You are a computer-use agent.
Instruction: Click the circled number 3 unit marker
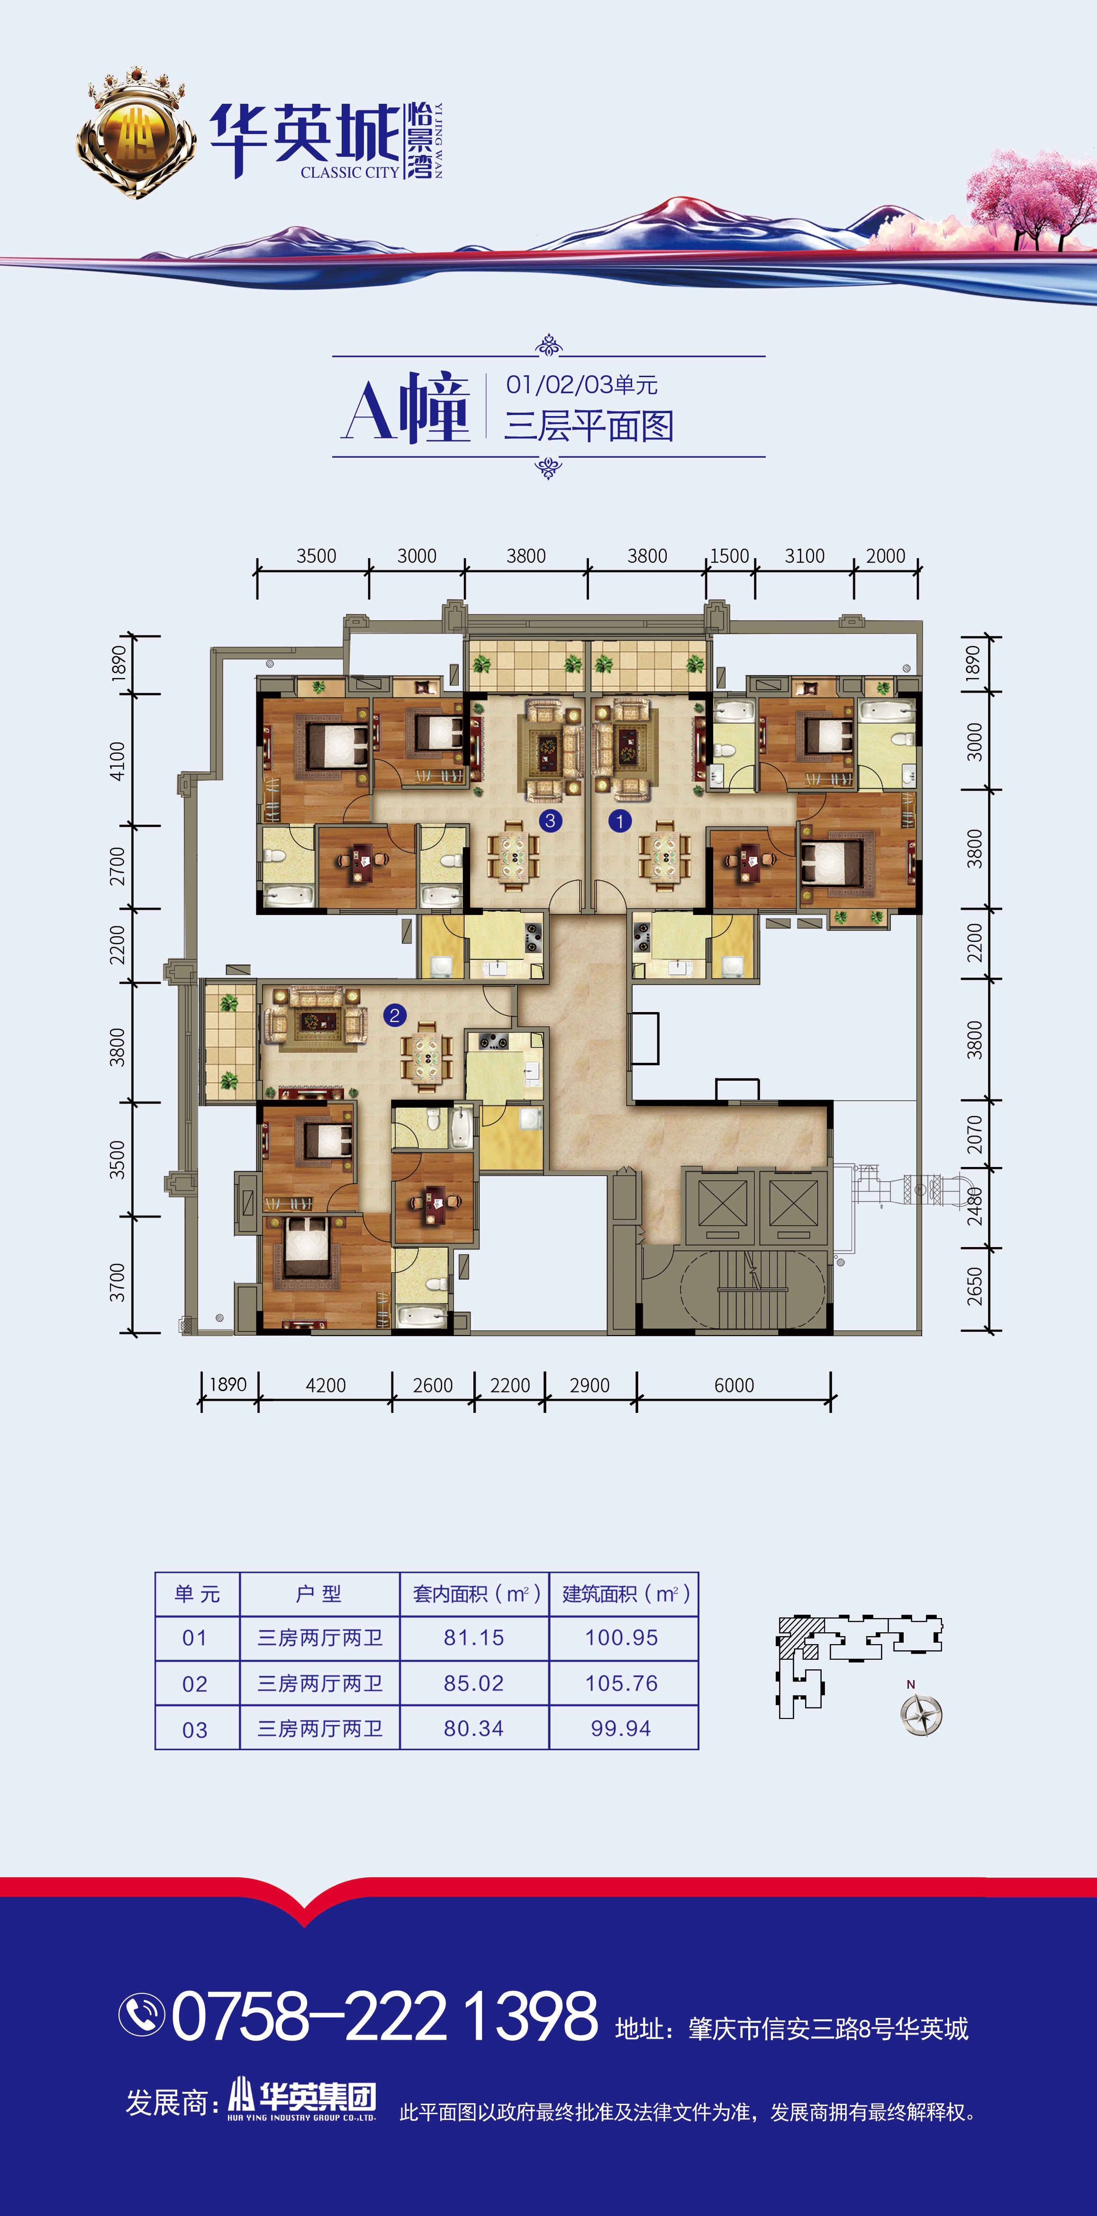pyautogui.click(x=551, y=821)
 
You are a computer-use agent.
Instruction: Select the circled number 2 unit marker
pyautogui.click(x=395, y=1015)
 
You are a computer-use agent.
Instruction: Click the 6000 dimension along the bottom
pyautogui.click(x=734, y=1385)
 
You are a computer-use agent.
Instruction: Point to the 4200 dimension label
pyautogui.click(x=325, y=1385)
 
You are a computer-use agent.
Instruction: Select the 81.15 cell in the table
pyautogui.click(x=474, y=1638)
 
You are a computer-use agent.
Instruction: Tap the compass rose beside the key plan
pyautogui.click(x=922, y=1715)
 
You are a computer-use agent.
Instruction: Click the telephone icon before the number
pyautogui.click(x=141, y=2015)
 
